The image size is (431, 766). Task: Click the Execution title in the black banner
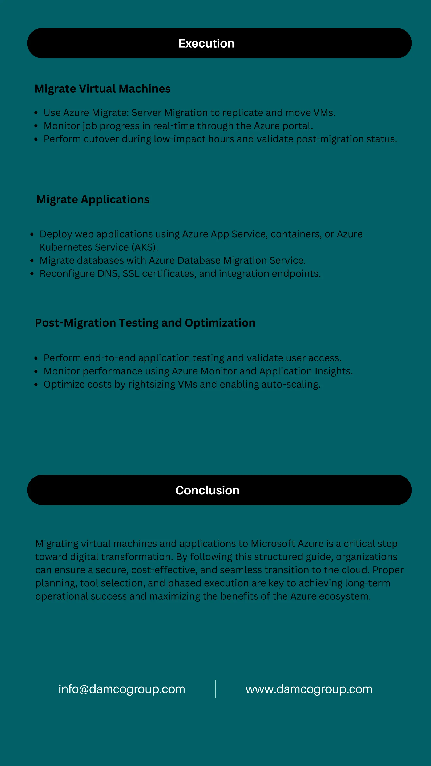206,43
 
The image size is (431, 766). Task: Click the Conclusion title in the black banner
207,490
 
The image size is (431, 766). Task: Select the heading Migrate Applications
93,199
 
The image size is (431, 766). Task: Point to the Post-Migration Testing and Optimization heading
145,323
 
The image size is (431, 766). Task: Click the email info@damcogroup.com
122,689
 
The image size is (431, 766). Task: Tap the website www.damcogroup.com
309,689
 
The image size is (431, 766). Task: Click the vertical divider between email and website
215,689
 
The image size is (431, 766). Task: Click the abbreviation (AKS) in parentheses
145,247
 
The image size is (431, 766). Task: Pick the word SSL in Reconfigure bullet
131,273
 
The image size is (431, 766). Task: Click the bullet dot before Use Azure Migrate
36,113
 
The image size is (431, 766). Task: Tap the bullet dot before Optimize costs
36,385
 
